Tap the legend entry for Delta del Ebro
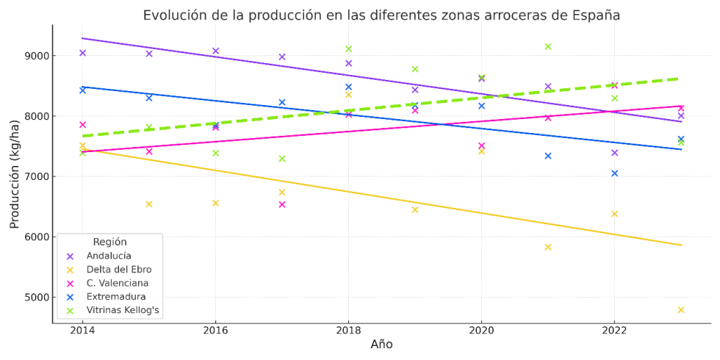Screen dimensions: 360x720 [118, 270]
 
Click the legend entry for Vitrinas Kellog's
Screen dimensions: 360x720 [123, 311]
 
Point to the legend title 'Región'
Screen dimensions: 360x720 [109, 242]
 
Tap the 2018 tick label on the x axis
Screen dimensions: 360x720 [348, 331]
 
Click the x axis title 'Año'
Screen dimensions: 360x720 [381, 345]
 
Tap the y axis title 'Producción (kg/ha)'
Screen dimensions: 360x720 [15, 176]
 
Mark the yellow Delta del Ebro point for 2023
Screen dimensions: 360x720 [681, 310]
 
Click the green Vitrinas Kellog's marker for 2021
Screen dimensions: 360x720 [548, 46]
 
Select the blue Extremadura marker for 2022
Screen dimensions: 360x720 [614, 173]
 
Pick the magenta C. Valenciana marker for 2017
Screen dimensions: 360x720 [282, 205]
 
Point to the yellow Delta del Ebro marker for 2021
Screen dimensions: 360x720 [548, 247]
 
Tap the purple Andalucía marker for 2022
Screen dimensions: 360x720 [614, 153]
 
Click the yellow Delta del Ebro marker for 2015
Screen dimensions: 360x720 [149, 204]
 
